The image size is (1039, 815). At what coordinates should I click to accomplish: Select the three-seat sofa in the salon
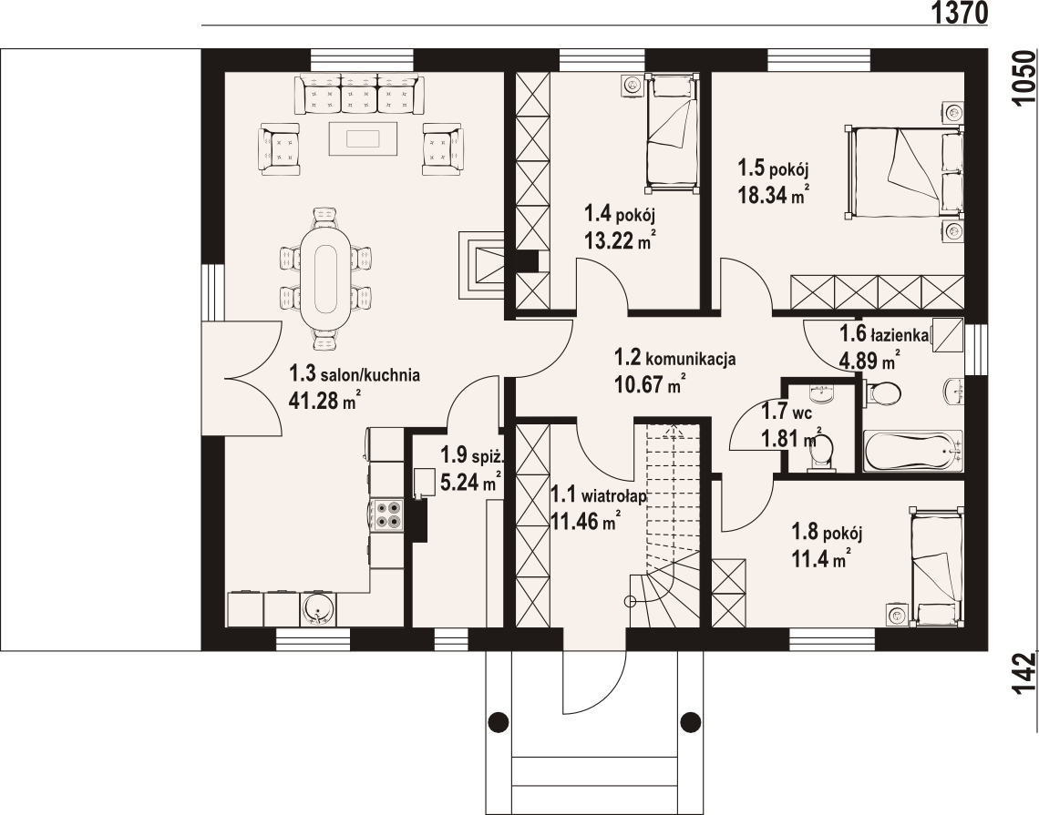pos(362,94)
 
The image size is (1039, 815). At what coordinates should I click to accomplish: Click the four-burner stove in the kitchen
pos(387,514)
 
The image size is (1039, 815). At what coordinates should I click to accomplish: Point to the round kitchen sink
pos(319,610)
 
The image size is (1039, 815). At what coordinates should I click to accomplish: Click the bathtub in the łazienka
pos(913,452)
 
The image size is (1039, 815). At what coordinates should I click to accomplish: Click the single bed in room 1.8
pos(934,566)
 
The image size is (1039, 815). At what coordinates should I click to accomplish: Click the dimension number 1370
pos(960,13)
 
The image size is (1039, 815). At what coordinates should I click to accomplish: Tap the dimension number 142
pos(1024,673)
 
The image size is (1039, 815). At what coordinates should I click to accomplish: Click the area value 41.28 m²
pos(324,401)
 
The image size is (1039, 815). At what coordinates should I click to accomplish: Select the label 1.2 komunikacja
pos(675,358)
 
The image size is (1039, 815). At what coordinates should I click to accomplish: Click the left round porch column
pos(499,720)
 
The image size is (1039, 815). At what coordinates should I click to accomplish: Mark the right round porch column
pos(691,720)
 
